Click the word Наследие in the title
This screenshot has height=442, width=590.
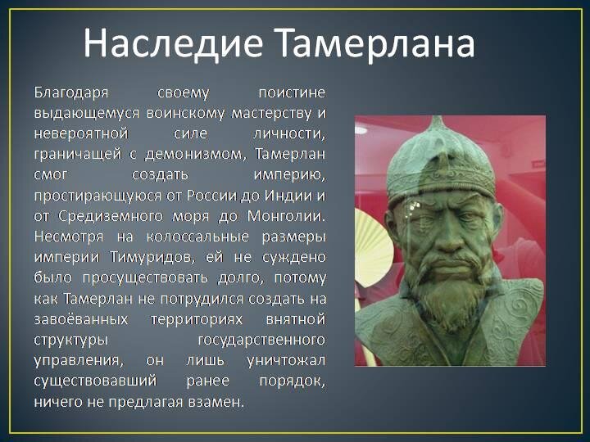click(173, 43)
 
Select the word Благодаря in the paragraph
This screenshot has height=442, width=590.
click(71, 92)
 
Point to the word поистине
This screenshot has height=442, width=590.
click(292, 92)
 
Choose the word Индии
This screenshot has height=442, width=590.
click(288, 196)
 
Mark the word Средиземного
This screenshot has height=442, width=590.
click(111, 217)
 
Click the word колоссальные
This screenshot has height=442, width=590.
click(197, 237)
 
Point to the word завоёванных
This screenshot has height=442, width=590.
click(81, 319)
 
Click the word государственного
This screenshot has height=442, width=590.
click(261, 341)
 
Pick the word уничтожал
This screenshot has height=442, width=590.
click(286, 361)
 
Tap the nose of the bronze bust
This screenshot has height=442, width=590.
click(447, 240)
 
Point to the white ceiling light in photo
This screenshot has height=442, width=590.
click(361, 130)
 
